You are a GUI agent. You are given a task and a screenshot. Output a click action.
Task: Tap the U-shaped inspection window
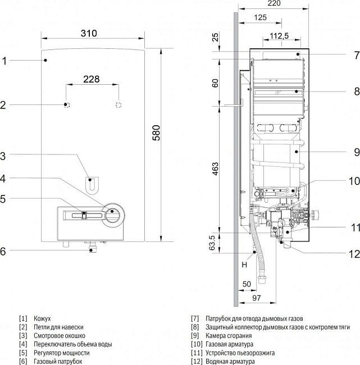90,183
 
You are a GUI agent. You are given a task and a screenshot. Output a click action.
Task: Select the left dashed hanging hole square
67,105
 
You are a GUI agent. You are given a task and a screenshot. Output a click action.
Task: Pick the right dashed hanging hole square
118,105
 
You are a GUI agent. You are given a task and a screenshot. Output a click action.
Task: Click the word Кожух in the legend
42,318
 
